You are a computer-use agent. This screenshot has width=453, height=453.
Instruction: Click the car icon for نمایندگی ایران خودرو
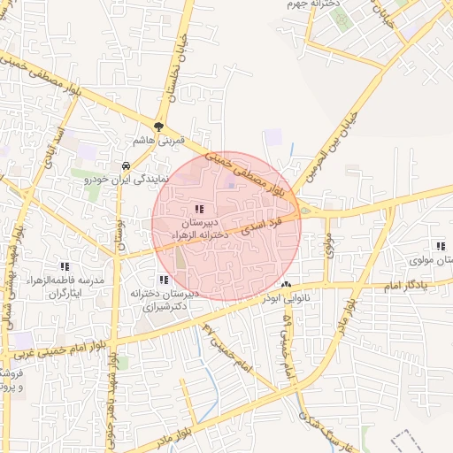tap(127, 165)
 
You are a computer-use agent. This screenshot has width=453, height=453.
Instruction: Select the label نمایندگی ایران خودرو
tap(125, 179)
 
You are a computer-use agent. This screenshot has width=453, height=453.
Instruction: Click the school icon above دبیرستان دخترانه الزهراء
tap(197, 208)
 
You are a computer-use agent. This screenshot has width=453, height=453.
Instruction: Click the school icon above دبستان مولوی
tap(439, 246)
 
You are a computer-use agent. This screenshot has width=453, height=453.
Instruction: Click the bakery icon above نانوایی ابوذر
tap(285, 285)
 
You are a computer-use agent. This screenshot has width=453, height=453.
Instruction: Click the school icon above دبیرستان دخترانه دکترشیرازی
tap(161, 280)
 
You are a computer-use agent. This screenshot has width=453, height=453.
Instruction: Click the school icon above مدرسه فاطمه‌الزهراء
tap(64, 265)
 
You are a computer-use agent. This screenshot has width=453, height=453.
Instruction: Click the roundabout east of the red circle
tap(305, 211)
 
